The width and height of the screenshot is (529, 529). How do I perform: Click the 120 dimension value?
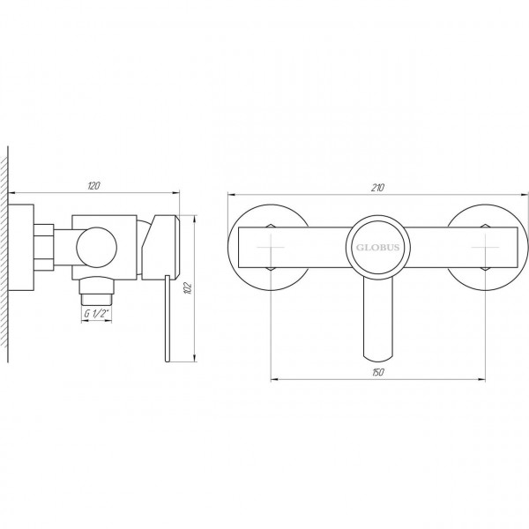(95, 185)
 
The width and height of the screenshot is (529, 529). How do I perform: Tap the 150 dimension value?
(376, 374)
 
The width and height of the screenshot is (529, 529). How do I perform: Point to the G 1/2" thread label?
(95, 314)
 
